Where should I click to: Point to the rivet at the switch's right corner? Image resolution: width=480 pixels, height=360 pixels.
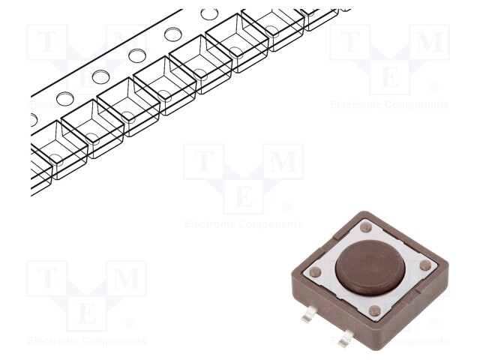click(425, 265)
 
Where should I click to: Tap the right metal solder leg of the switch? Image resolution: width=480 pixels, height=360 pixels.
click(346, 340)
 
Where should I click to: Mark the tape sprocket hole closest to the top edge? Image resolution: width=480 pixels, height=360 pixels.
click(210, 14)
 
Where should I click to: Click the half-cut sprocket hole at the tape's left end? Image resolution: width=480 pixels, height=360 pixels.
click(33, 118)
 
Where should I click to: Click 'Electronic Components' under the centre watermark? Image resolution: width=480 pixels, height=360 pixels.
click(244, 223)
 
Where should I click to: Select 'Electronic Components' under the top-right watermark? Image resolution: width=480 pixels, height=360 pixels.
click(390, 105)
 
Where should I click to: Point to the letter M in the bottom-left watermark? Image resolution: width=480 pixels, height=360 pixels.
click(126, 279)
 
